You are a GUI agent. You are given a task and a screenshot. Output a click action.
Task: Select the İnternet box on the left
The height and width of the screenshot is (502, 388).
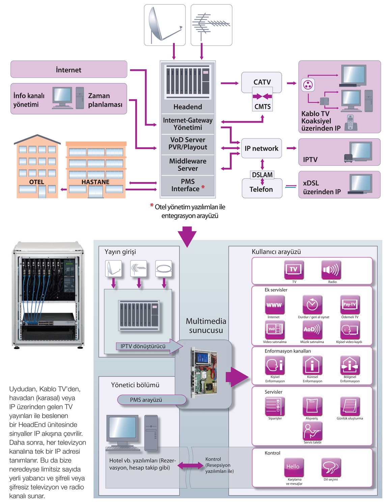click(x=69, y=70)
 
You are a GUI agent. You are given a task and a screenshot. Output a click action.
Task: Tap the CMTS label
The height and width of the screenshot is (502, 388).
click(x=262, y=107)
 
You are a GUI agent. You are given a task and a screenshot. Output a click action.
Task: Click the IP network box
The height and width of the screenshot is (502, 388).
click(x=261, y=148)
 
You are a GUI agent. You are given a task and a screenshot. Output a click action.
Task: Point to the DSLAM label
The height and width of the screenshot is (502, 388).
click(x=262, y=175)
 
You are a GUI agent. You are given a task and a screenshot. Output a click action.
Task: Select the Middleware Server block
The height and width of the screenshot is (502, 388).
click(x=188, y=165)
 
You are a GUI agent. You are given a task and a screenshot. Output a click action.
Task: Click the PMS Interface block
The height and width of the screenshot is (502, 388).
click(x=188, y=185)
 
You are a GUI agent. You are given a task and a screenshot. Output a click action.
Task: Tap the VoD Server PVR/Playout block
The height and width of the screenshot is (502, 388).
click(x=188, y=143)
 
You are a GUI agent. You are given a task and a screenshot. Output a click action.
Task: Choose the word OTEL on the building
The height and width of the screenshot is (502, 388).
click(x=36, y=182)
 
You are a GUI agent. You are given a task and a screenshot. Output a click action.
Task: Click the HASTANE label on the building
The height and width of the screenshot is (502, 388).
click(x=95, y=182)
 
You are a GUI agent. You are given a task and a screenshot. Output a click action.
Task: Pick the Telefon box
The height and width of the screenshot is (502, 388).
click(x=261, y=189)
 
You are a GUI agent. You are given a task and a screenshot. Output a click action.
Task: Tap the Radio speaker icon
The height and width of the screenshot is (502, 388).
click(x=331, y=270)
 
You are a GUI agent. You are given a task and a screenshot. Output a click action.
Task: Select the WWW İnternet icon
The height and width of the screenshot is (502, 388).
click(x=274, y=305)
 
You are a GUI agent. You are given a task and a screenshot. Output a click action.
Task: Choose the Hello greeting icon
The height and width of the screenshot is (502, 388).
click(x=294, y=467)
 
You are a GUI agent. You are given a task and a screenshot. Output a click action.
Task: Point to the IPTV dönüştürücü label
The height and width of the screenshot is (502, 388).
click(x=143, y=346)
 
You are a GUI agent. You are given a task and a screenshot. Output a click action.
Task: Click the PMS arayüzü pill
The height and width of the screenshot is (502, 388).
click(x=146, y=400)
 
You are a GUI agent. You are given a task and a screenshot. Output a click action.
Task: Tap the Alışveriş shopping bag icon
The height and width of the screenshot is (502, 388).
click(x=312, y=406)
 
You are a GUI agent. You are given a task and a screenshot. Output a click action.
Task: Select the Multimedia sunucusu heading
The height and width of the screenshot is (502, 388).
click(x=206, y=326)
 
